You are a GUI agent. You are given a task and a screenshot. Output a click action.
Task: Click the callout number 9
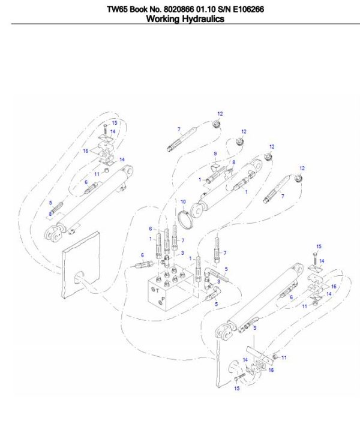pyautogui.click(x=215, y=154)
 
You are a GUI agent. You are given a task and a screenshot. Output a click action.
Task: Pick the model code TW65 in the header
pyautogui.click(x=116, y=9)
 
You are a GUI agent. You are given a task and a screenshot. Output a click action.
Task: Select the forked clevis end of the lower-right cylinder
pyautogui.click(x=223, y=332)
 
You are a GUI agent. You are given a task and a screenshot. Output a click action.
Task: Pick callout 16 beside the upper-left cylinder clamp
pyautogui.click(x=86, y=151)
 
